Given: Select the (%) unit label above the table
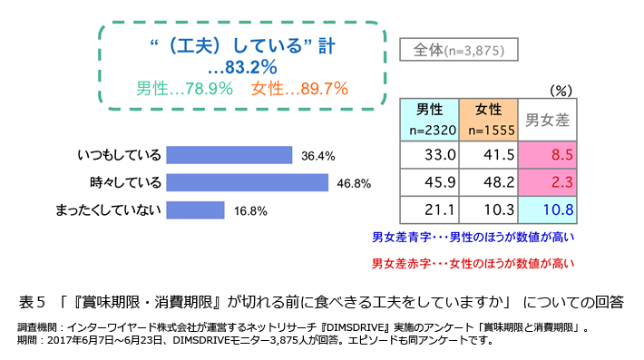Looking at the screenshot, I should [561, 90].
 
